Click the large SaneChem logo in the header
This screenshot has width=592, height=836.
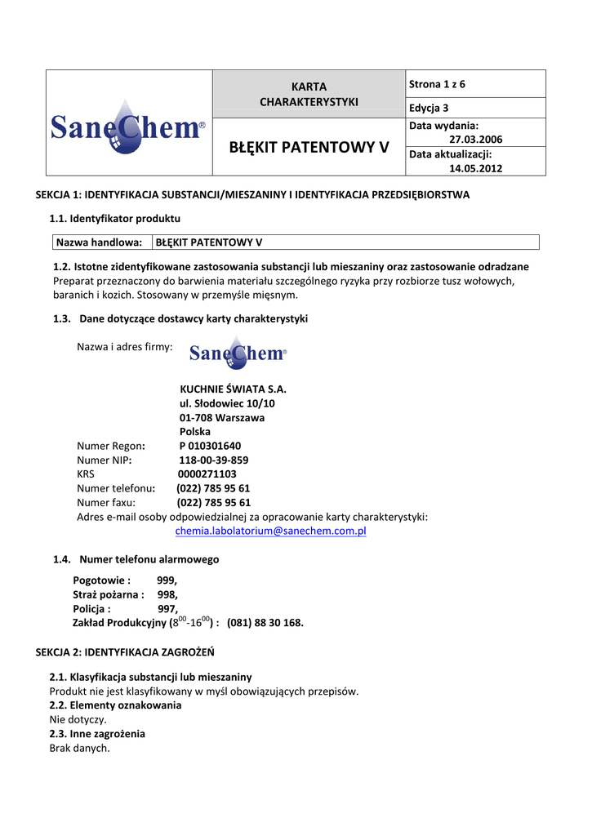click(x=128, y=126)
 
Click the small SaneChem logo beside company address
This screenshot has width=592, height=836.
click(x=238, y=353)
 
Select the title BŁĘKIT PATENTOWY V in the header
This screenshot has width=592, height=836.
click(x=309, y=148)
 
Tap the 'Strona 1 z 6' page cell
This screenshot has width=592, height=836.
click(x=438, y=84)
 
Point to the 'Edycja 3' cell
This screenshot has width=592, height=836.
click(x=429, y=108)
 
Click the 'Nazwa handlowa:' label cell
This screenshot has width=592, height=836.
click(x=99, y=242)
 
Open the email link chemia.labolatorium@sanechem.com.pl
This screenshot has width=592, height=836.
click(x=270, y=531)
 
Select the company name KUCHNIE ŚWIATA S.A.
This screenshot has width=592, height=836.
click(x=233, y=389)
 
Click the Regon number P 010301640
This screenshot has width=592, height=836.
click(x=210, y=446)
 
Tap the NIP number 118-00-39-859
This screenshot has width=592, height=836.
click(x=213, y=460)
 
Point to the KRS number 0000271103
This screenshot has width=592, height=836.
click(x=207, y=474)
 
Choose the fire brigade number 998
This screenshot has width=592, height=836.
click(x=167, y=594)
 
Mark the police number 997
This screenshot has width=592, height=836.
click(x=167, y=608)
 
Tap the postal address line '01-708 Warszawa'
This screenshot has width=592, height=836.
click(x=221, y=417)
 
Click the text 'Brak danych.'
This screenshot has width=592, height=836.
click(x=79, y=748)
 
